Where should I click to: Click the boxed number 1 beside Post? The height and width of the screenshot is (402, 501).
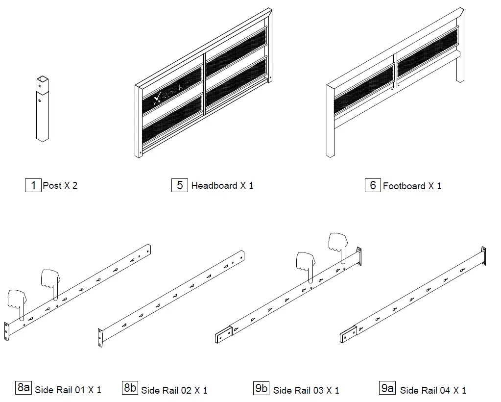33,185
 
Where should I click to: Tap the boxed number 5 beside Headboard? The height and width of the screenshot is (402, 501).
180,185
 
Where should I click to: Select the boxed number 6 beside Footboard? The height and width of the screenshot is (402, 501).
373,185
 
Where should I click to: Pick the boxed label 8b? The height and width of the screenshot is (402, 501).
130,388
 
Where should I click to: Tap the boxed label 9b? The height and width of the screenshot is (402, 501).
262,388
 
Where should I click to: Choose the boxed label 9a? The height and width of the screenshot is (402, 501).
387,388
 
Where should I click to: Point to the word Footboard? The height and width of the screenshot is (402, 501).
404,186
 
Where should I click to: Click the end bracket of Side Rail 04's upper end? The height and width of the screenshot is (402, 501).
483,255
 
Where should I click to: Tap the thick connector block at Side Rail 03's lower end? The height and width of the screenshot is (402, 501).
223,335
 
